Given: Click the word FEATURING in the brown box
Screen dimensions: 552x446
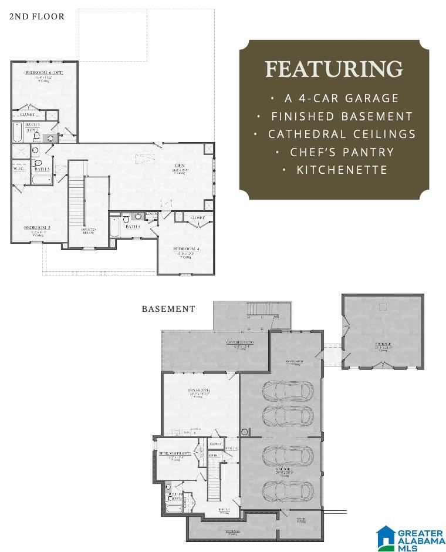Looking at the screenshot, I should [334, 69].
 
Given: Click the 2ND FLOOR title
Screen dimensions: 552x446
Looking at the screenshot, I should [36, 16].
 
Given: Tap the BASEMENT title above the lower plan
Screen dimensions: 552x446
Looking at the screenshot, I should [168, 309].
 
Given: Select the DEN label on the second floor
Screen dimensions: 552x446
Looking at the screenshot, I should [180, 166].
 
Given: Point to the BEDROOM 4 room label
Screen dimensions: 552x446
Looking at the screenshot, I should [186, 249].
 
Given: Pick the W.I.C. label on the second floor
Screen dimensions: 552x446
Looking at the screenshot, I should [18, 169].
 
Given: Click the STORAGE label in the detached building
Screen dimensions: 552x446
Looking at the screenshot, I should [384, 344].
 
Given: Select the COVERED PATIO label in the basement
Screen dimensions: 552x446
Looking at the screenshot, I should [239, 342].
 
